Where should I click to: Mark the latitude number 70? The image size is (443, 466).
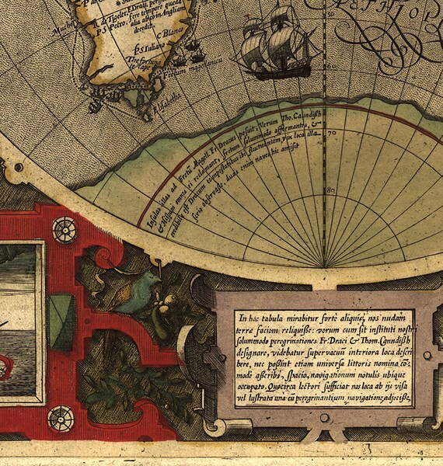[330, 134]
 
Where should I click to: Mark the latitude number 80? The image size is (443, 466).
[330, 190]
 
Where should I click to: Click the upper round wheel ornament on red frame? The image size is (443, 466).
[64, 229]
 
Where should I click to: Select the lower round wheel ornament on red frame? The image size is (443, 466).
[60, 419]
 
